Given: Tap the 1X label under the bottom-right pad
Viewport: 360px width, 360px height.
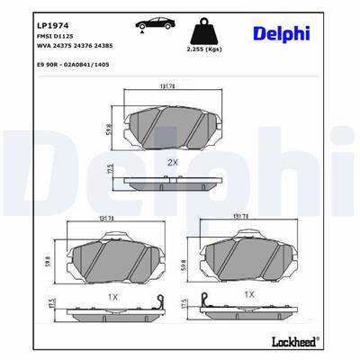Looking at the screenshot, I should pos(249,294).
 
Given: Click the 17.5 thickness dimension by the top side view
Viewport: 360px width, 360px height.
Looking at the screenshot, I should pos(109,171).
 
